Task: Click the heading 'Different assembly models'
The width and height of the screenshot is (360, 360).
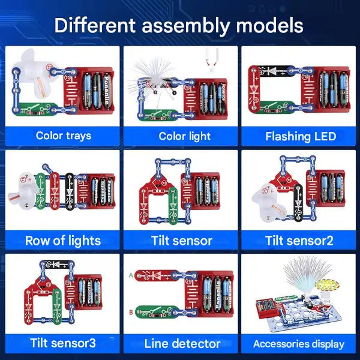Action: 179,25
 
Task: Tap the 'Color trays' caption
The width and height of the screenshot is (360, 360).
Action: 63,136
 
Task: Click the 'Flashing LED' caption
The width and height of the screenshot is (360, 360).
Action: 301,136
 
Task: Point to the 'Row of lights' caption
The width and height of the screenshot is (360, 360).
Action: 63,241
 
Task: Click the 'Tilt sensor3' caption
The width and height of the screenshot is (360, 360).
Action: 63,344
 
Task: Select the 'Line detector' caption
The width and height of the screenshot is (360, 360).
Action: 182,344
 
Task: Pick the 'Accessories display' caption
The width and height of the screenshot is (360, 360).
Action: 299,344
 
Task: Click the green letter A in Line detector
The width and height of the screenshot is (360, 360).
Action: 131,276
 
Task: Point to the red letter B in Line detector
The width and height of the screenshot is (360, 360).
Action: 131,311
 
